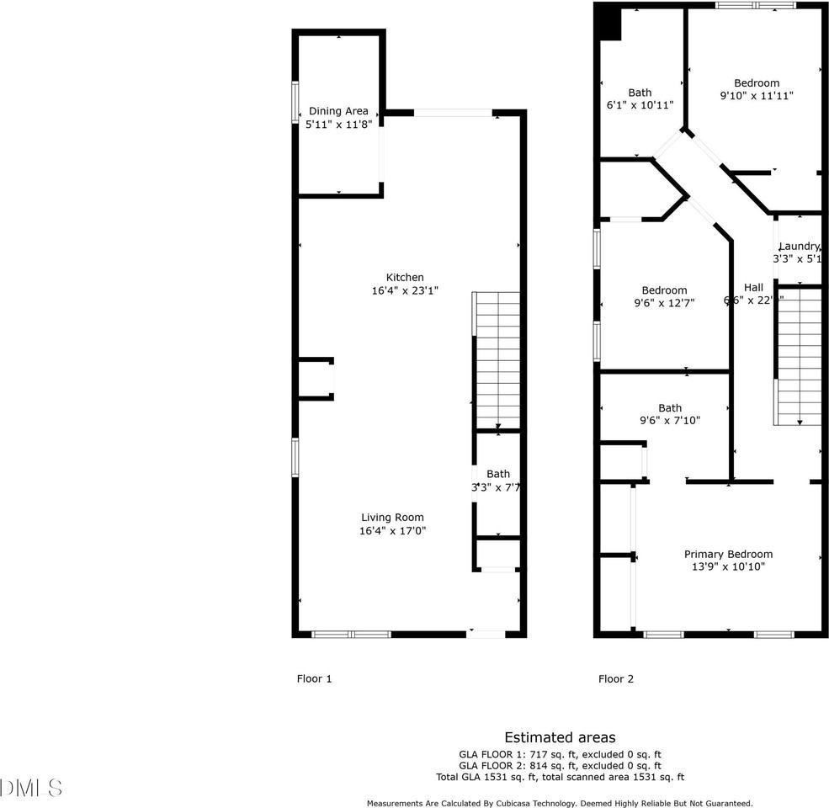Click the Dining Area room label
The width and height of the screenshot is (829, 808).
tap(338, 111)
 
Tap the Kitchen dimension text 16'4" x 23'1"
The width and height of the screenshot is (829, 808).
tap(405, 290)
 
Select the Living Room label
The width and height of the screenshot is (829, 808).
tap(392, 518)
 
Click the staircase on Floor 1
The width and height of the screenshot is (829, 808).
tap(497, 360)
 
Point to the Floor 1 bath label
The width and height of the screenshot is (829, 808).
tap(497, 474)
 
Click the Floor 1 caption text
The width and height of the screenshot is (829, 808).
tap(314, 678)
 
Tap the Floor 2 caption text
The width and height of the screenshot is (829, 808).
tap(615, 678)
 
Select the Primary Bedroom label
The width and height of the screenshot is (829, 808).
tap(728, 554)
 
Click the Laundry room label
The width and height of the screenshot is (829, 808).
tap(798, 246)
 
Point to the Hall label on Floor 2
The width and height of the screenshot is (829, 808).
tap(753, 287)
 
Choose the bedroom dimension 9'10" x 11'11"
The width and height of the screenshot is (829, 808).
tap(756, 96)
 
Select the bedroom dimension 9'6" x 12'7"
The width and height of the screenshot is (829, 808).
tap(664, 303)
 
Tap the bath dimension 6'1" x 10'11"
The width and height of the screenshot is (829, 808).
tap(640, 105)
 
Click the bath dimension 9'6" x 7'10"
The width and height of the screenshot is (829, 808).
tap(670, 421)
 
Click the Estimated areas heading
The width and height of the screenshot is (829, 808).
tap(560, 737)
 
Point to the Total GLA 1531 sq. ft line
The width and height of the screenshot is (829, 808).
tap(560, 778)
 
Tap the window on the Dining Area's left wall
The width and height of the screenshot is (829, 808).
tap(295, 102)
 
